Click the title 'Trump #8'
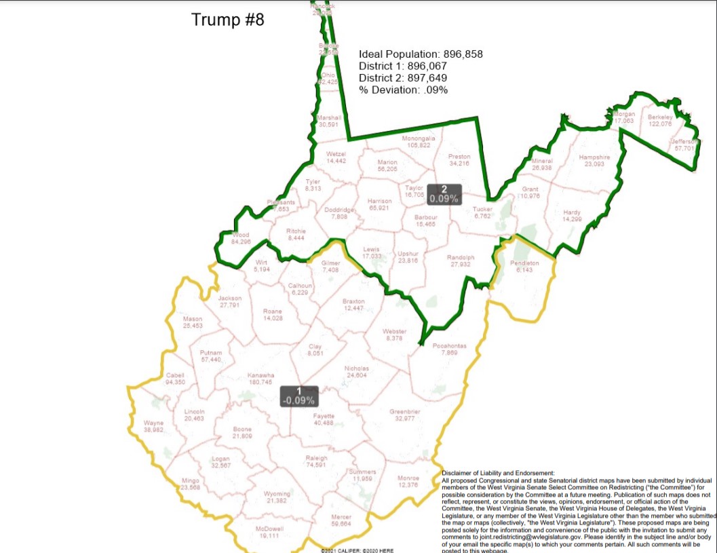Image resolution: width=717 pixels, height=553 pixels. (x=227, y=20)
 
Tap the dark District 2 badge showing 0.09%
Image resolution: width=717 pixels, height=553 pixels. (x=444, y=195)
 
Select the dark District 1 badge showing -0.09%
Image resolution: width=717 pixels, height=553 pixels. (x=298, y=396)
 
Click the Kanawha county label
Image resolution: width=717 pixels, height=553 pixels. (x=260, y=379)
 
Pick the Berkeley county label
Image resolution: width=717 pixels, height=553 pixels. (x=660, y=120)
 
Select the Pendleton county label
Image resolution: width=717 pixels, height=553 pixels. (x=524, y=266)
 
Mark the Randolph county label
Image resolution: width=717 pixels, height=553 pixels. (x=460, y=261)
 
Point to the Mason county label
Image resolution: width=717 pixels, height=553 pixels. (x=193, y=322)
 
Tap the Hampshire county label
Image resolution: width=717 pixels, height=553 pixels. (x=594, y=160)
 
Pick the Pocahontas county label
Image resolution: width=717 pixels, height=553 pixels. (x=449, y=349)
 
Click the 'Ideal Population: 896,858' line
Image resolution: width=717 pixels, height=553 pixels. (x=421, y=54)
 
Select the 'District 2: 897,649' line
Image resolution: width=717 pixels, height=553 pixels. (x=403, y=78)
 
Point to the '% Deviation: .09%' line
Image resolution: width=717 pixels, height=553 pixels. (x=403, y=90)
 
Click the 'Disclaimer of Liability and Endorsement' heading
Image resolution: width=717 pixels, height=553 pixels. (x=498, y=473)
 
